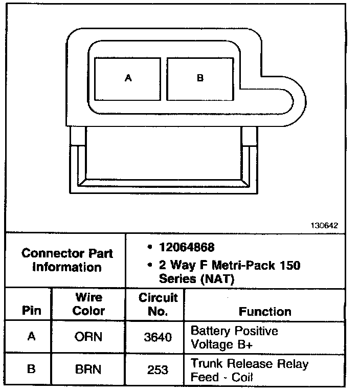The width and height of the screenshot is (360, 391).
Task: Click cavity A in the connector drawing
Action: click(x=128, y=78)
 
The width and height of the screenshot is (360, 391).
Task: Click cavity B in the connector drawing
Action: click(x=200, y=78)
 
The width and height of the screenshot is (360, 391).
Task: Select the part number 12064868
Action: click(x=187, y=248)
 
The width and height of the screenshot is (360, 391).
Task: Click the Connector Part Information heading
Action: click(x=67, y=260)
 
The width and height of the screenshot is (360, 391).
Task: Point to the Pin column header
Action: click(x=31, y=311)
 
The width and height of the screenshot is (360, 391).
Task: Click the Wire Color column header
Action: click(x=88, y=304)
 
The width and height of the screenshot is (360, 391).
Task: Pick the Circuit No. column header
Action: click(x=158, y=304)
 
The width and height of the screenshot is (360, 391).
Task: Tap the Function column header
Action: click(x=265, y=311)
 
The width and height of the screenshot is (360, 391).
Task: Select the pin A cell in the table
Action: click(x=31, y=337)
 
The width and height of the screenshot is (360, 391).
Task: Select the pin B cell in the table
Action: click(x=31, y=370)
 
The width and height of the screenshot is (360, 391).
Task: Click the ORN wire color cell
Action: click(x=88, y=337)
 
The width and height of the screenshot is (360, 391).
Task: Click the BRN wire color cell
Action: click(x=88, y=370)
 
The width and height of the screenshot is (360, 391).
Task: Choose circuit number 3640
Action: click(x=158, y=337)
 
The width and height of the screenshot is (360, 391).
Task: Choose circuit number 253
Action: click(x=158, y=370)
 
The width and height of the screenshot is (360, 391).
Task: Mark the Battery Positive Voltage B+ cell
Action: click(x=234, y=337)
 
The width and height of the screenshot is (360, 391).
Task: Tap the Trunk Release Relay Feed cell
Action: click(x=250, y=371)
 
